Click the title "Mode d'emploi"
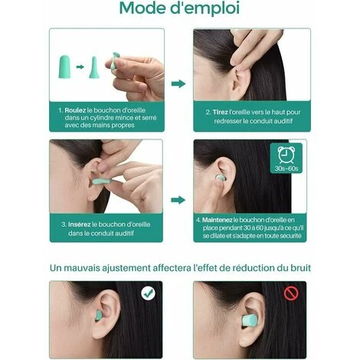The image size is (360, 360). point(179,8)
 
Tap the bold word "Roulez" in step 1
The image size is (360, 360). point(75,110)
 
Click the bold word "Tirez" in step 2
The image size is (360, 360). point(220,112)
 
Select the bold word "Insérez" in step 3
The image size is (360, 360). point(79,224)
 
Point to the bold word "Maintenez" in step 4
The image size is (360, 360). point(217,220)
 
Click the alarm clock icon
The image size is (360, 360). point(286,155)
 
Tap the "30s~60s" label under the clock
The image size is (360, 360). point(286,169)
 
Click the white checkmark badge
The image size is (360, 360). point(148,293)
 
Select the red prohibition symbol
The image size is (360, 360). point(291,293)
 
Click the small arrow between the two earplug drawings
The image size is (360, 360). point(80,67)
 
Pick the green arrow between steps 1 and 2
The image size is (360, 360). point(178,83)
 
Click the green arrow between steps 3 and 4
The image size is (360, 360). point(178,200)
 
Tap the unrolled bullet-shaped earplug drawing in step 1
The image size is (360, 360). point(64,67)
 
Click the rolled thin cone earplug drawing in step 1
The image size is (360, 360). point(94,67)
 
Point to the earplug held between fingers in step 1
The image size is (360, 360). point(114,61)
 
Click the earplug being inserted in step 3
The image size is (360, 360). point(102,182)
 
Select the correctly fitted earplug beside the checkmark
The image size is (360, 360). point(99,315)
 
